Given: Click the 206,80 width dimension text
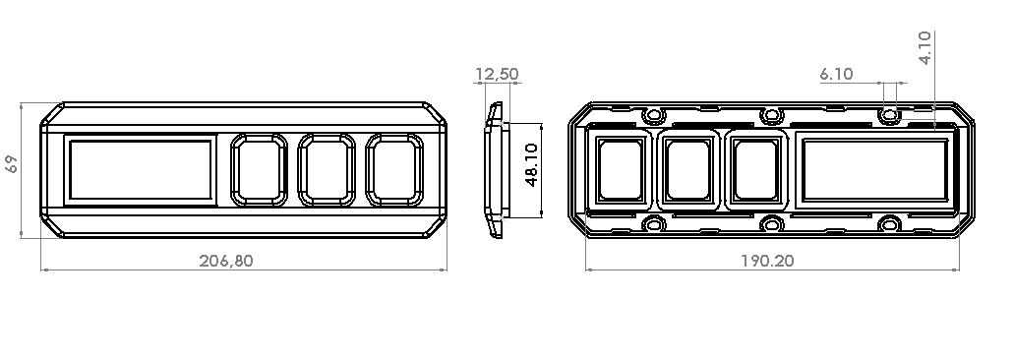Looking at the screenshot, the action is (225, 261).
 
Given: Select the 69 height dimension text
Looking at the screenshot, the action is (11, 164).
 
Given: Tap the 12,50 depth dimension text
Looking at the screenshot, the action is (497, 75).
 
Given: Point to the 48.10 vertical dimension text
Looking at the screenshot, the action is (531, 165).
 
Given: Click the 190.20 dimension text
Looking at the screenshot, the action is (767, 261).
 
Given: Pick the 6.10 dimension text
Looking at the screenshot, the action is (836, 75).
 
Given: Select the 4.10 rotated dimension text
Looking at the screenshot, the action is (925, 48).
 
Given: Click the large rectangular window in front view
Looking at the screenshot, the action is (141, 170).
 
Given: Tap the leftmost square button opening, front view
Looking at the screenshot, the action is (259, 170).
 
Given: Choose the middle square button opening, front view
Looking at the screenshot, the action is (327, 170).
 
